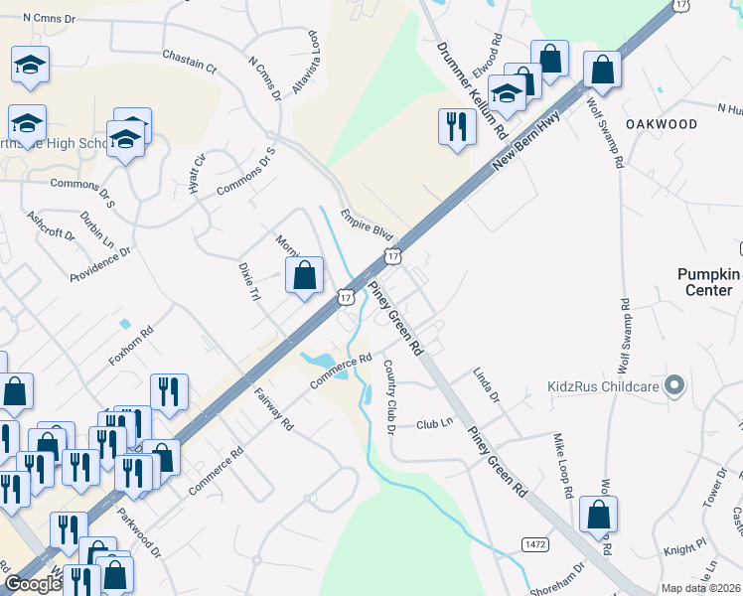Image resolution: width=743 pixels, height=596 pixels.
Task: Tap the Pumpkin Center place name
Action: point(709,282)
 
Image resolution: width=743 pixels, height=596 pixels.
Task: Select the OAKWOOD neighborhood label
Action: point(662,123)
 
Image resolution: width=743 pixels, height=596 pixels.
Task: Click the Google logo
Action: point(32,584)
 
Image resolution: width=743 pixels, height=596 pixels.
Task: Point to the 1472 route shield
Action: point(534,544)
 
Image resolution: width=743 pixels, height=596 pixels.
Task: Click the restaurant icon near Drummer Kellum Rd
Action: point(456,127)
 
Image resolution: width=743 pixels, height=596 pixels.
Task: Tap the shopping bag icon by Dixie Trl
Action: point(306,275)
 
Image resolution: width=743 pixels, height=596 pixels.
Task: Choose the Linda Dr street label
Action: point(486,383)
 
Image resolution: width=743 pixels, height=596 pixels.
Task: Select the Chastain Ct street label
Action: point(189,64)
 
